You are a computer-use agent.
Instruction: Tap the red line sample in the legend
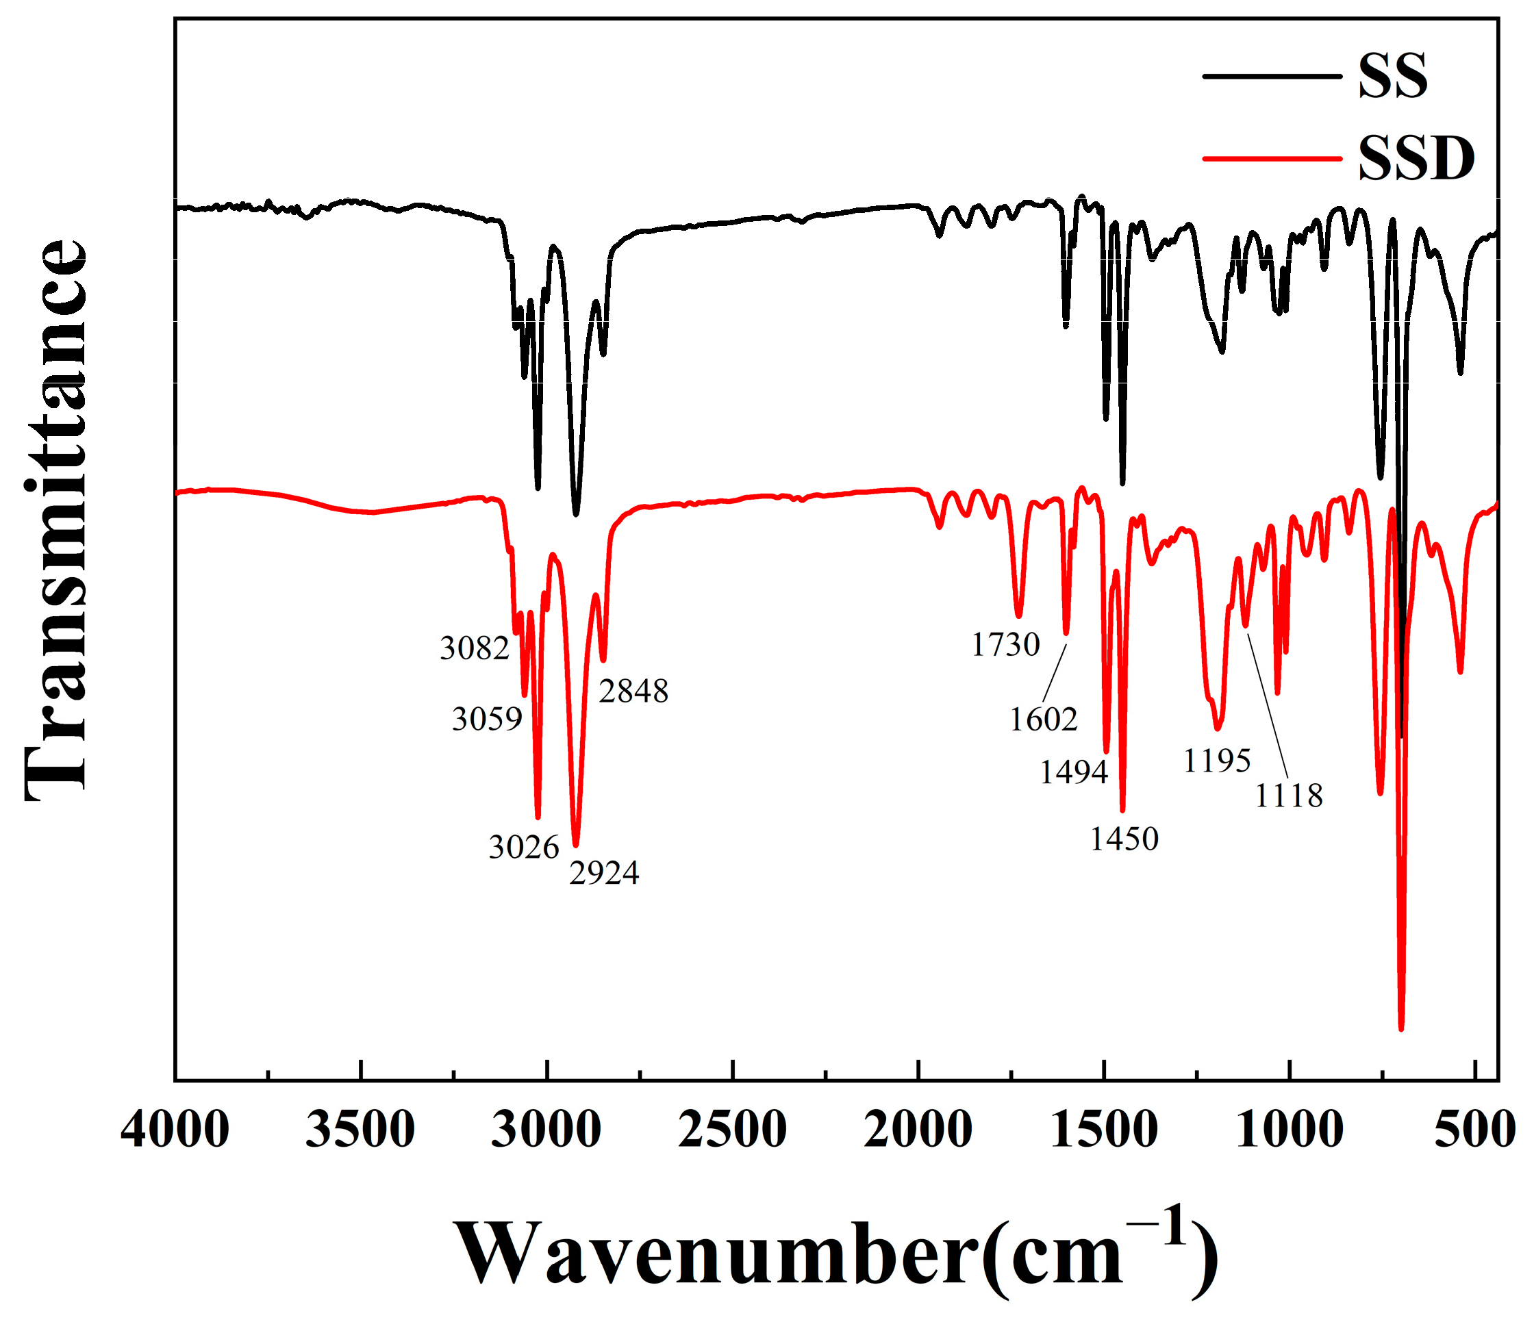click(x=1271, y=158)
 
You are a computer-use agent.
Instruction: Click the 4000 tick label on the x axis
click(x=175, y=1131)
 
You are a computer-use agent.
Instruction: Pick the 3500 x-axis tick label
click(x=360, y=1131)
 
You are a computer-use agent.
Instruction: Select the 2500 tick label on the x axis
click(x=732, y=1131)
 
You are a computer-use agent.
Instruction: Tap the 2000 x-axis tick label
click(x=918, y=1131)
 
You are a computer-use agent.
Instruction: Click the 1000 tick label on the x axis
click(x=1290, y=1131)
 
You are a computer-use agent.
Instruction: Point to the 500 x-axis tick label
click(x=1475, y=1131)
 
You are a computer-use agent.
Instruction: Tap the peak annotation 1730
click(x=1005, y=646)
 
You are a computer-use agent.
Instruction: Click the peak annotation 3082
click(x=475, y=648)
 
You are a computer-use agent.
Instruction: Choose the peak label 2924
click(x=604, y=874)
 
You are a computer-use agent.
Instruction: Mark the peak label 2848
click(x=633, y=691)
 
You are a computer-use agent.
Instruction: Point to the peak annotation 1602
click(x=1044, y=719)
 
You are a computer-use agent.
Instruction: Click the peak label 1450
click(x=1124, y=839)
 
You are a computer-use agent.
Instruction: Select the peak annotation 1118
click(x=1289, y=796)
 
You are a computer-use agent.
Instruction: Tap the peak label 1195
click(x=1217, y=761)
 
